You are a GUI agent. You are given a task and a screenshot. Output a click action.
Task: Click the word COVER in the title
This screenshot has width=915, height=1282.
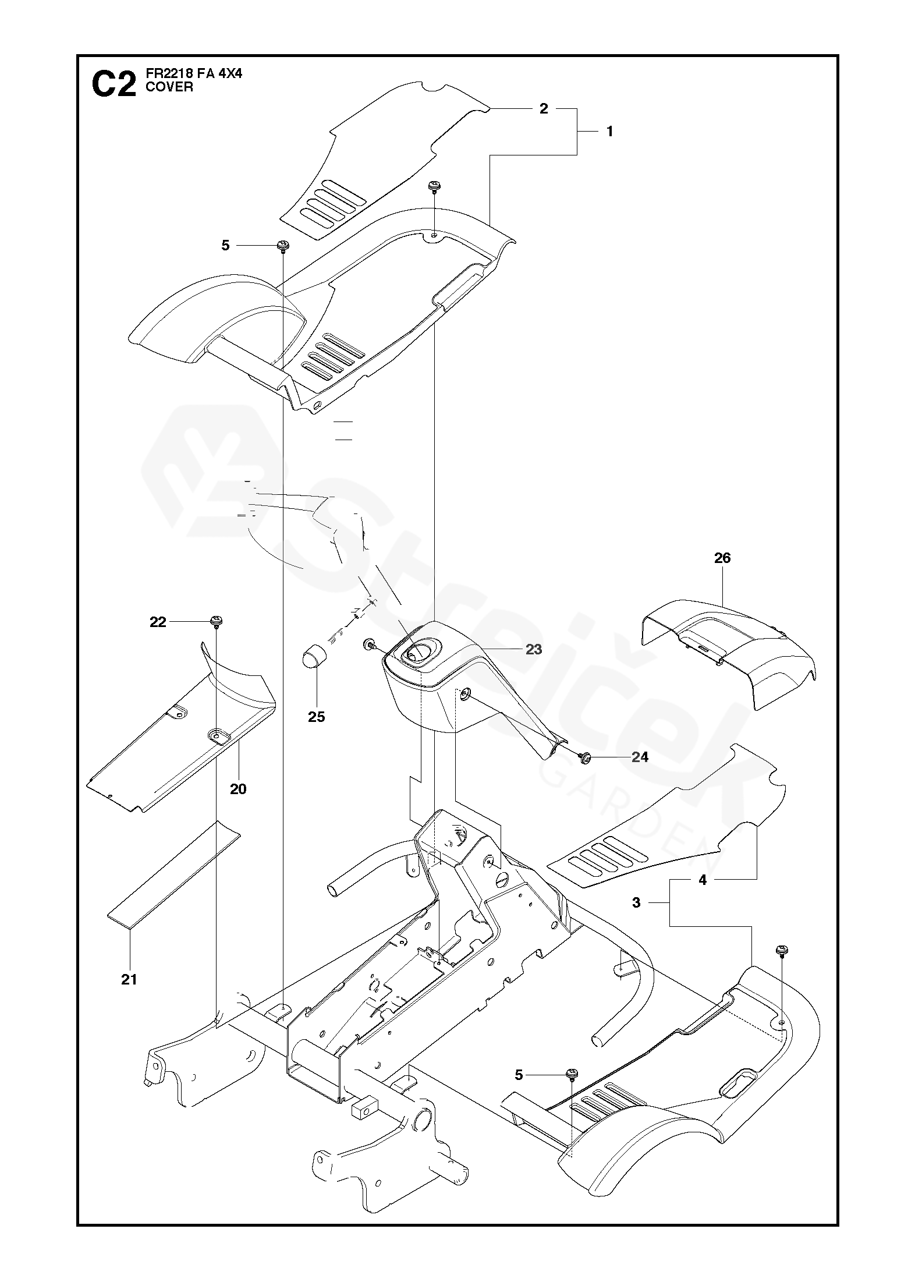coord(162,87)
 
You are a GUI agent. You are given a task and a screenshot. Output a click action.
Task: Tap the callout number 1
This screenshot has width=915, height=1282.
coord(609,132)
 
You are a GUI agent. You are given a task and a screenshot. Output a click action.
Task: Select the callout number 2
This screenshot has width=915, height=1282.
coord(544,108)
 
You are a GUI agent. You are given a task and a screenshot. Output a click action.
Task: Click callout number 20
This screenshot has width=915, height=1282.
coord(238,789)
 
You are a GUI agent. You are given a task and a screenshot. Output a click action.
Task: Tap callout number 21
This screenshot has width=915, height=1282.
coord(129,979)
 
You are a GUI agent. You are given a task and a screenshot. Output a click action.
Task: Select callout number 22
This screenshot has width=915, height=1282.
coord(158,622)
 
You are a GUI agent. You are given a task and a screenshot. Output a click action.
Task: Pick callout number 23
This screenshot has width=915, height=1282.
coord(533,649)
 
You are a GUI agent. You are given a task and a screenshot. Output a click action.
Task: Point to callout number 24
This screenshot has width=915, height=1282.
coord(639,757)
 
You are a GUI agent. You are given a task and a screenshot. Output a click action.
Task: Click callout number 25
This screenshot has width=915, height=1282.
coord(317,717)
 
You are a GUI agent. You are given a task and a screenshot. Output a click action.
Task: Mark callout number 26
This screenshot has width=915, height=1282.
coord(722,558)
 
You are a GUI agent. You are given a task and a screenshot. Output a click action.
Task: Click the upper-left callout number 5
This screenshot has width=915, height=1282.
coord(225,246)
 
